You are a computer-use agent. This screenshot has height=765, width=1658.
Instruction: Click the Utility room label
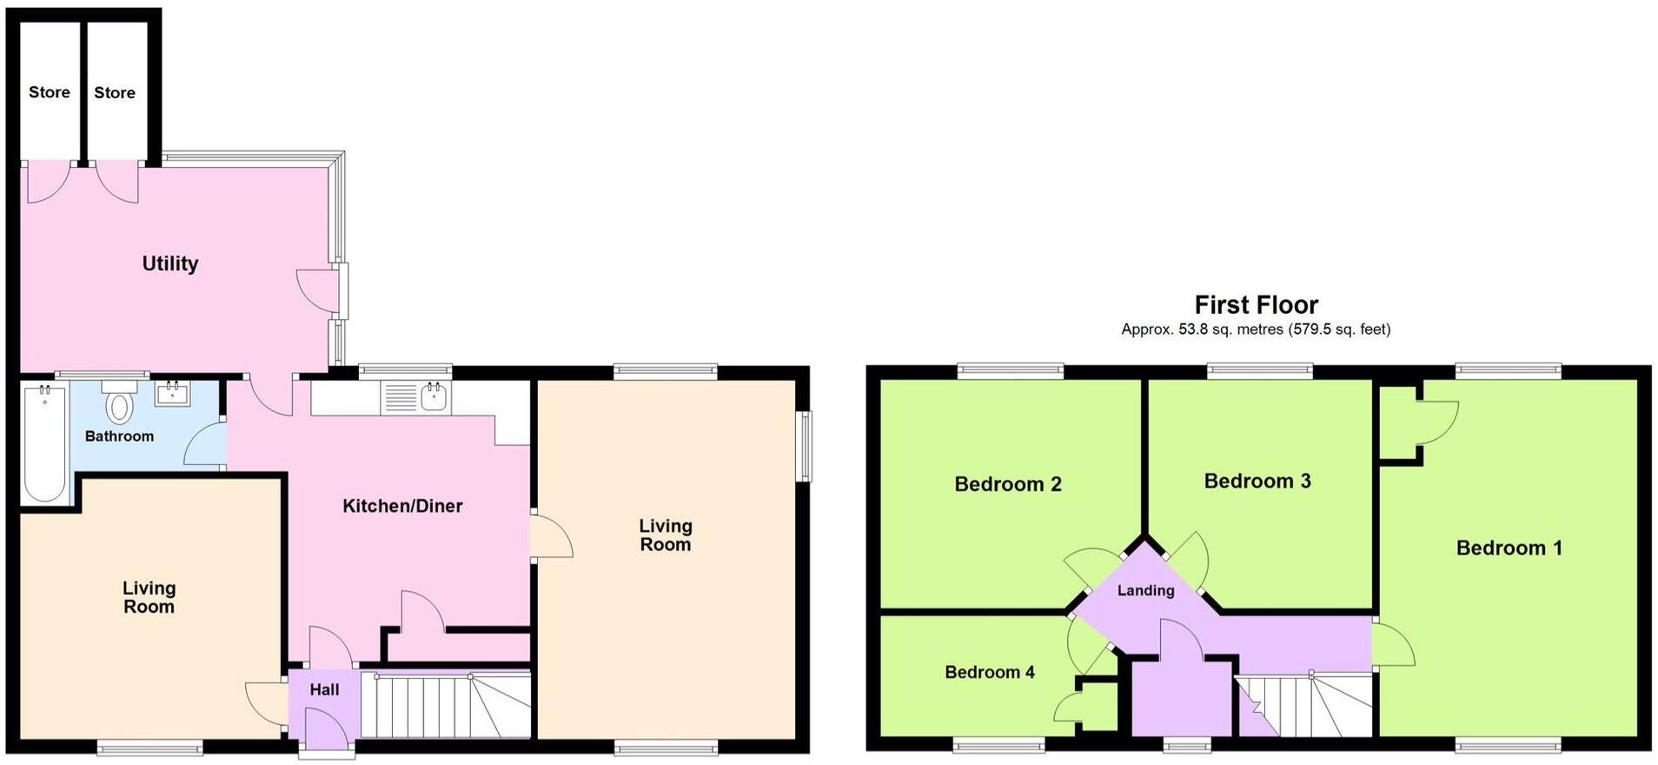click(x=170, y=263)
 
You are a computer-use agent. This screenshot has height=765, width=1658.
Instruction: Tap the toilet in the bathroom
click(x=118, y=405)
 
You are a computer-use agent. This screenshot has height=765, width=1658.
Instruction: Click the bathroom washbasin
click(x=172, y=395)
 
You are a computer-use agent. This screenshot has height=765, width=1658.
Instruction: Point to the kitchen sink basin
click(x=434, y=398)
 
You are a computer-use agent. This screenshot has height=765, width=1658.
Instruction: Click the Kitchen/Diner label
click(x=402, y=506)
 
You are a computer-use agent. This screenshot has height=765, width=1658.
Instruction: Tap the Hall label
click(x=324, y=690)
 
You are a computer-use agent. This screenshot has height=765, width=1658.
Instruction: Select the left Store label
click(x=50, y=92)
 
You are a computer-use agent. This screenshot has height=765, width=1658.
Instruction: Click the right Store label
click(x=115, y=93)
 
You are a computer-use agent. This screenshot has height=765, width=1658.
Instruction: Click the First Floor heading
click(x=1256, y=305)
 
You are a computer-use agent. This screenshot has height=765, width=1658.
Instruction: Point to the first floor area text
click(x=1256, y=329)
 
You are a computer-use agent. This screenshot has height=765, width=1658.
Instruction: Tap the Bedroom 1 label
click(x=1509, y=548)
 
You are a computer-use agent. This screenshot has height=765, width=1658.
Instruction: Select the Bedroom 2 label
click(x=1008, y=484)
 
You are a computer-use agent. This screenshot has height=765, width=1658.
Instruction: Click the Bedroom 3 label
click(x=1257, y=481)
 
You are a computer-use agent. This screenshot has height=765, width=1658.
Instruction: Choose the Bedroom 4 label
click(x=990, y=672)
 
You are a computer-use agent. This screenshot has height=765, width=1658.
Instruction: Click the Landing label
click(x=1145, y=591)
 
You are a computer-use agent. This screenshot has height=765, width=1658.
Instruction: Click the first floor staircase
click(x=1303, y=704)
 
